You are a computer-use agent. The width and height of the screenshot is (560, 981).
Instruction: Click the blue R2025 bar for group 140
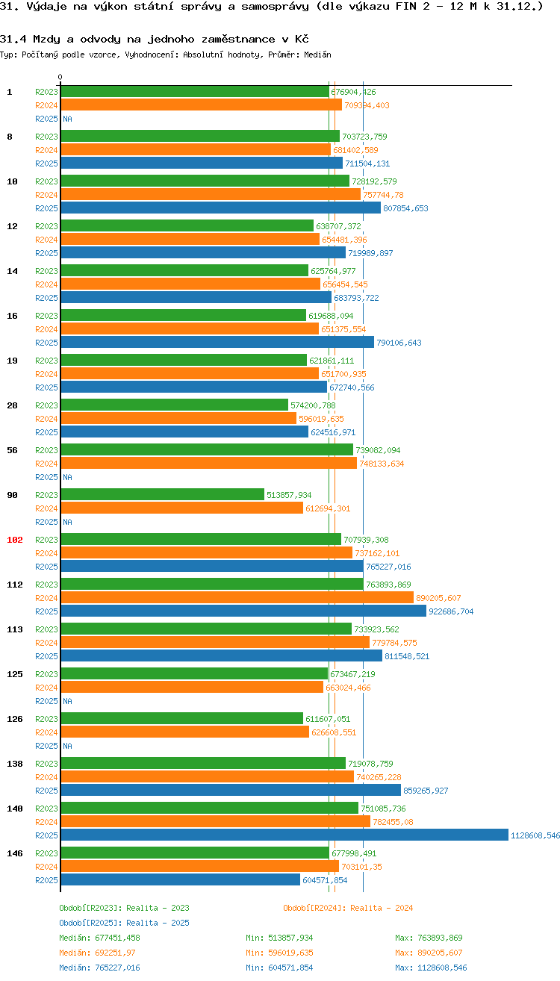coord(284,835)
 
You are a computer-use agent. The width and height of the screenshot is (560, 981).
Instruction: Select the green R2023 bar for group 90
coord(162,495)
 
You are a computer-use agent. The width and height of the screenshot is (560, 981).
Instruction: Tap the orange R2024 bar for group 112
coord(237,598)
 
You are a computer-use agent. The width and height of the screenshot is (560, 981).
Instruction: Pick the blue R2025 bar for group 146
coord(180,880)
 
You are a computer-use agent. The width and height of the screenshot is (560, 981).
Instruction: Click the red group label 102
coord(15,540)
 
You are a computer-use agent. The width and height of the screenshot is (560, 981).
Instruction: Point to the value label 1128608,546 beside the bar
coord(535,835)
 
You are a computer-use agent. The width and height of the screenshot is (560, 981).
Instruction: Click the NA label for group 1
coord(67,119)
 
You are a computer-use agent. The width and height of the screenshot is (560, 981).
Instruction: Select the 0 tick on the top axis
coord(60,77)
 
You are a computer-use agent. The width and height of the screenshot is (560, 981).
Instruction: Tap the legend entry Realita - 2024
coord(348,908)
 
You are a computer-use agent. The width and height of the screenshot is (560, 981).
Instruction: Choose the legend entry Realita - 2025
coord(124,923)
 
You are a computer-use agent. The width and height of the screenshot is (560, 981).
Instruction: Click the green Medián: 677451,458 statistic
coord(99,938)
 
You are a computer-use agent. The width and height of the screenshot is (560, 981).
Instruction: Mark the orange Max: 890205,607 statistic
coord(429,953)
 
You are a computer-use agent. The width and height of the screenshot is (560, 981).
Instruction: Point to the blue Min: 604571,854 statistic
coord(279,968)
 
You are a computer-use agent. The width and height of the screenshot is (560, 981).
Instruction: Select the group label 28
coord(13,405)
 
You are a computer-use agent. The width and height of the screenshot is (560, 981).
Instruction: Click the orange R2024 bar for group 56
coord(208,464)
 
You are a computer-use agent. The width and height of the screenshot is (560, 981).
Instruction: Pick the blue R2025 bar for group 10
coord(220,208)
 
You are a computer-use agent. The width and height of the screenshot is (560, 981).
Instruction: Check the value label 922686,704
coord(451,611)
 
